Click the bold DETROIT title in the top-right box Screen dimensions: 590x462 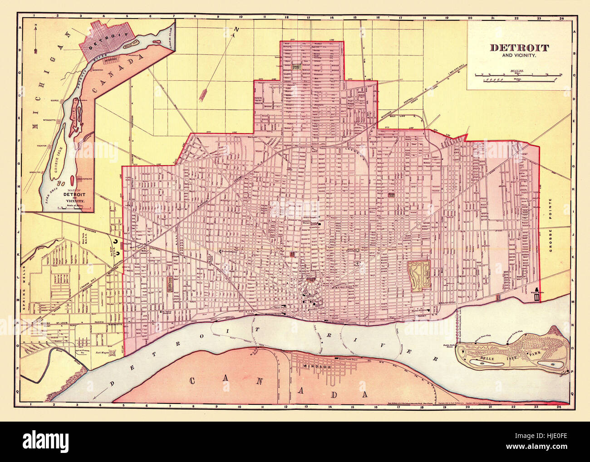point(519,47)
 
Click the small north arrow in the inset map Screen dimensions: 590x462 point(35,38)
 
